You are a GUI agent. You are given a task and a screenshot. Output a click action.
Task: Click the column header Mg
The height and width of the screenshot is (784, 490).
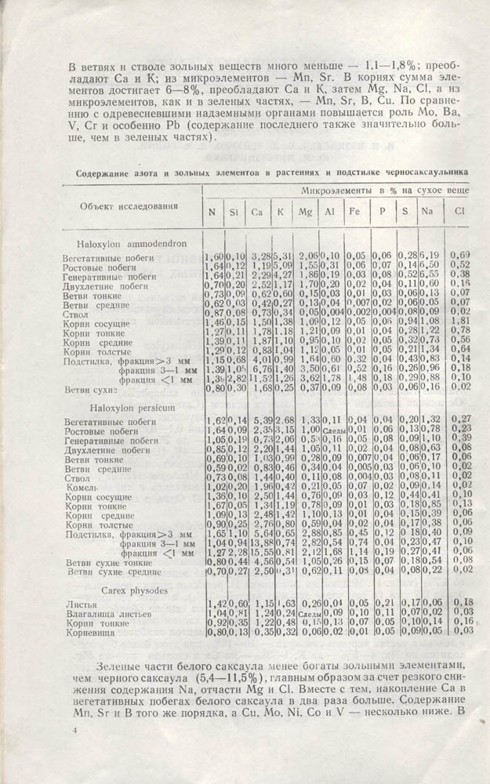pos(305,211)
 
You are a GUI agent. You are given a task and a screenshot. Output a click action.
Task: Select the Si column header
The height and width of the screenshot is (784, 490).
pos(234,212)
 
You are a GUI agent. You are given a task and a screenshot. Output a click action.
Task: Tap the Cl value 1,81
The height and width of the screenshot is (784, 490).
pos(461,321)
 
